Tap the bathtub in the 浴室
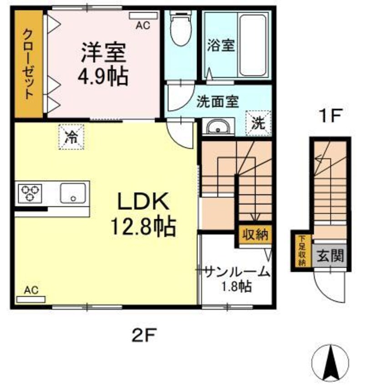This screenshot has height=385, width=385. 252,46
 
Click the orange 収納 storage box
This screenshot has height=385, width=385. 254,236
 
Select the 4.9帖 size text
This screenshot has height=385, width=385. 103,76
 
